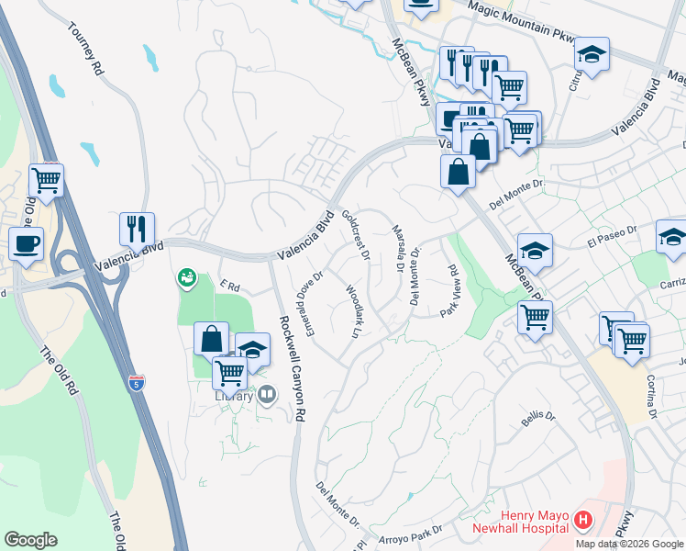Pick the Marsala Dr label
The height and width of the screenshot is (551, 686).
click(398, 250)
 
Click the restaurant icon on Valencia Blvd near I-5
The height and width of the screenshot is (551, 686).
click(137, 228)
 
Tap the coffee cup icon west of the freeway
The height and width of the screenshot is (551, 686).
click(26, 243)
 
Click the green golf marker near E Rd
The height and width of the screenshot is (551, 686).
click(187, 275)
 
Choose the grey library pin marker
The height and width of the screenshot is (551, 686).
click(267, 394)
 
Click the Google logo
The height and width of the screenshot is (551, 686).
click(30, 539)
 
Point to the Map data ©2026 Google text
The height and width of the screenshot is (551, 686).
click(628, 544)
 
